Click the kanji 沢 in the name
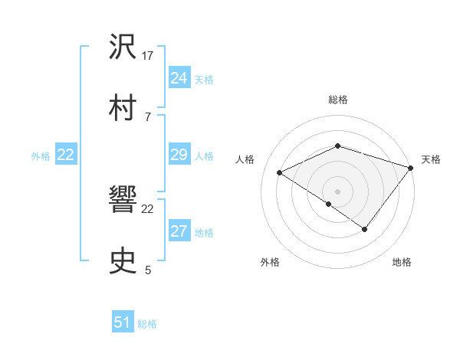point(123,47)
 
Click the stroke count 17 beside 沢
point(149,56)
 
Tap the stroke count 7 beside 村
point(148,116)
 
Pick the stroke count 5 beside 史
point(148,270)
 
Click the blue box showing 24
point(179,78)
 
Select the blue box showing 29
point(179,155)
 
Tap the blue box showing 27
point(179,232)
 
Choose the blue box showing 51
point(123,322)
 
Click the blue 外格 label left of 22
point(41,155)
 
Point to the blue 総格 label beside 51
point(147,324)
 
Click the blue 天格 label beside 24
point(204,79)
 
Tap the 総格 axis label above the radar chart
point(337,100)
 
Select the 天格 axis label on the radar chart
point(431,159)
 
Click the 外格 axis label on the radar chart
point(270,262)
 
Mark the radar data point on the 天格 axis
point(412,167)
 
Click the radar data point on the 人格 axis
point(280,173)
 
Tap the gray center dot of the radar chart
point(337,191)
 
